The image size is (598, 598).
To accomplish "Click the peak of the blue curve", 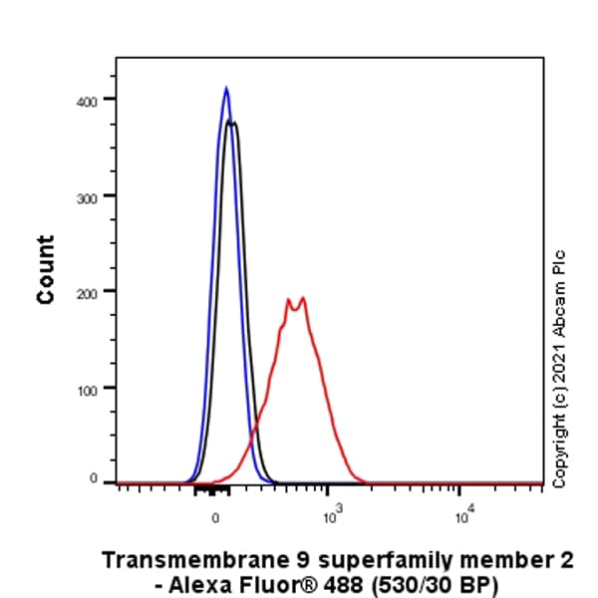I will pos(226,89).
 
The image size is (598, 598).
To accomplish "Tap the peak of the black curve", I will pos(232,122).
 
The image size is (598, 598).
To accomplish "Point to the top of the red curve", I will pos(301,297).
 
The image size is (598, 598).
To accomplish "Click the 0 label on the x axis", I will pos(215,516).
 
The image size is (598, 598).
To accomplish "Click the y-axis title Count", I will pos(46,269).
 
